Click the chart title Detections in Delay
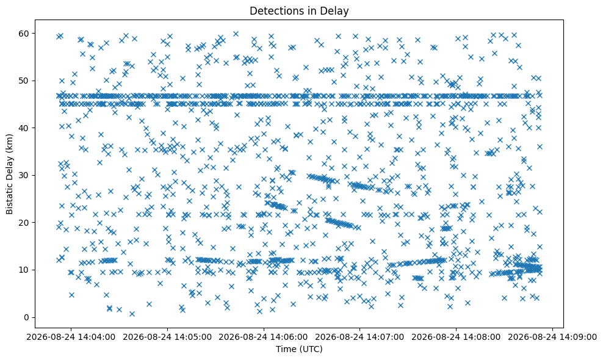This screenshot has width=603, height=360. pyautogui.click(x=299, y=11)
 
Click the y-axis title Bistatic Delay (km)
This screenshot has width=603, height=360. pyautogui.click(x=9, y=174)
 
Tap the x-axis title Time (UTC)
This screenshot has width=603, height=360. pyautogui.click(x=299, y=349)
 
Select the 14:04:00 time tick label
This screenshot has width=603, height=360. pyautogui.click(x=71, y=337)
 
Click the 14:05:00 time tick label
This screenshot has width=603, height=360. pyautogui.click(x=167, y=337)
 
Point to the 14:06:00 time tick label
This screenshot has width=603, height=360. pyautogui.click(x=264, y=337)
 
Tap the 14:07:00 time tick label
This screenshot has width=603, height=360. pyautogui.click(x=360, y=337)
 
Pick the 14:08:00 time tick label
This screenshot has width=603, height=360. pyautogui.click(x=456, y=337)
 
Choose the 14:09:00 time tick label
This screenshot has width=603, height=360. pyautogui.click(x=552, y=337)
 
